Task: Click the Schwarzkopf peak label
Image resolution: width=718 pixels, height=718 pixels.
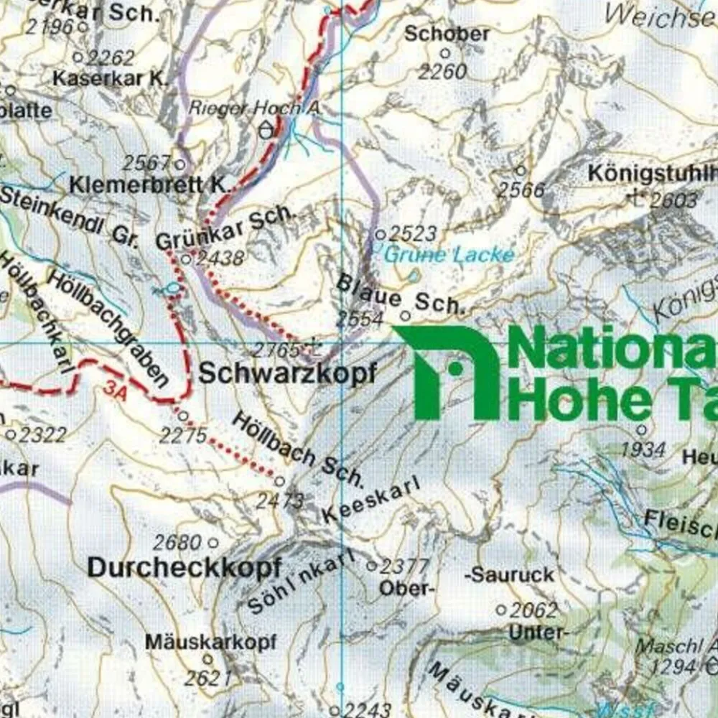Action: pyautogui.click(x=287, y=373)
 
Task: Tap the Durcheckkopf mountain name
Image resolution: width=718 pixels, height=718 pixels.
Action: pyautogui.click(x=184, y=567)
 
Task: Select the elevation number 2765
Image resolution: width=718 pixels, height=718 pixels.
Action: pyautogui.click(x=276, y=350)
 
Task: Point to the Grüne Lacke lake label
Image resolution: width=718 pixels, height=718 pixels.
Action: pyautogui.click(x=449, y=254)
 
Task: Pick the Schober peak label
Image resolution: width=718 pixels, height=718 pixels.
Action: pyautogui.click(x=447, y=34)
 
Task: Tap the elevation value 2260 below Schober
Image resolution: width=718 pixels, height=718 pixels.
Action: pyautogui.click(x=442, y=72)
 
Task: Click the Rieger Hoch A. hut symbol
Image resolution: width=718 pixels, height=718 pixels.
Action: pyautogui.click(x=267, y=130)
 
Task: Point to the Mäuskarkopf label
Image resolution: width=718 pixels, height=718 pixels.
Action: pyautogui.click(x=210, y=642)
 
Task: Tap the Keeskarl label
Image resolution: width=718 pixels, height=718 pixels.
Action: pyautogui.click(x=370, y=502)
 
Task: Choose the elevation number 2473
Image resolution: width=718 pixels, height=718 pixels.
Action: pyautogui.click(x=280, y=500)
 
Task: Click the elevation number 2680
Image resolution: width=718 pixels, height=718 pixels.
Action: pyautogui.click(x=177, y=542)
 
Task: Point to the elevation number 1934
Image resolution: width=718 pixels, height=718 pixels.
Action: pyautogui.click(x=643, y=450)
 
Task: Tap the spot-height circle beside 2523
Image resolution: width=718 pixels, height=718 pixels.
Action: pyautogui.click(x=381, y=234)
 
